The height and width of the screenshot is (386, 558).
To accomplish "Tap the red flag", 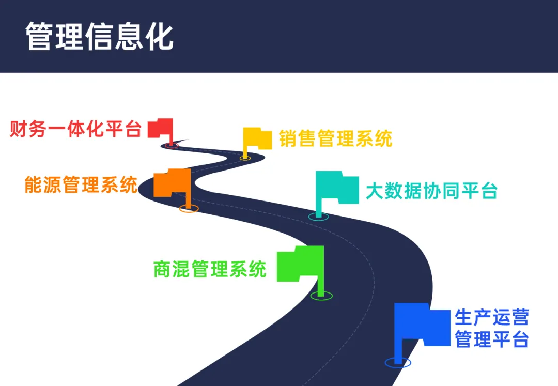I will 161,128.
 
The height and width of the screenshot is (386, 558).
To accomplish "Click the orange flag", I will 172,183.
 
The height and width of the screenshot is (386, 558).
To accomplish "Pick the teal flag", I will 337,188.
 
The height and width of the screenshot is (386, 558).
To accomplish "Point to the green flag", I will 300,264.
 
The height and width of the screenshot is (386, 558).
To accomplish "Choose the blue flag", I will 422,324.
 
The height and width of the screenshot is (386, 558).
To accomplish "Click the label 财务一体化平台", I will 75,129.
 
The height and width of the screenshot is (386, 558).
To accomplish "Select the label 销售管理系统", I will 335,138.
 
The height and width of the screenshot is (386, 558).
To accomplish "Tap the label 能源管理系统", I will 81,184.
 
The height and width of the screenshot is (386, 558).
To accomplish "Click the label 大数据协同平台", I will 431,191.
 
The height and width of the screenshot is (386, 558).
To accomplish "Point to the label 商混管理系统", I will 210,269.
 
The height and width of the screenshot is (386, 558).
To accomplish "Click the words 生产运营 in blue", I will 491,317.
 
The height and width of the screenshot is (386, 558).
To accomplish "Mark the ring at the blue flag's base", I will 398,363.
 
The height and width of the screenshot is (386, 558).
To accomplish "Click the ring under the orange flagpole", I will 189,209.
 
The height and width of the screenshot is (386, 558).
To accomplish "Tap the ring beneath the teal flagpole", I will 319,216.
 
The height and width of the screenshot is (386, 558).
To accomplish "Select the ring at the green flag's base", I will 321,296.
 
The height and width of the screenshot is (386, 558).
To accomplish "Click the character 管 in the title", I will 40,36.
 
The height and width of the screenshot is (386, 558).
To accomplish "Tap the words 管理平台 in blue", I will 491,339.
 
